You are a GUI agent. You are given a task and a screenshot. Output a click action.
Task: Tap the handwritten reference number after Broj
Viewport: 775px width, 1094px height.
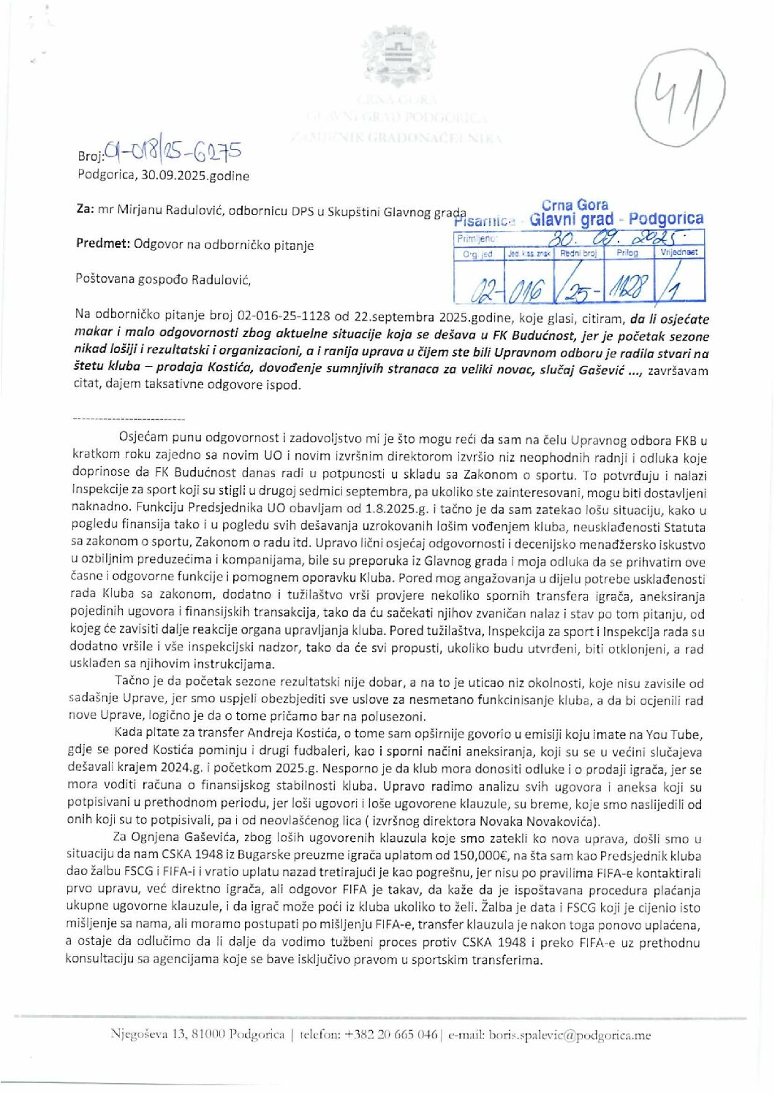pos(173,152)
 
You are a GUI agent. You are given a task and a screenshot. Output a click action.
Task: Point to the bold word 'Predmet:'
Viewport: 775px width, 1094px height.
pos(103,244)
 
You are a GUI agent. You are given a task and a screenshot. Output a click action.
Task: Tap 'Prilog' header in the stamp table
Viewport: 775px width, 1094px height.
pos(627,253)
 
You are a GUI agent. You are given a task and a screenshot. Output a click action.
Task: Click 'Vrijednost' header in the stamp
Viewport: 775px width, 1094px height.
pos(679,252)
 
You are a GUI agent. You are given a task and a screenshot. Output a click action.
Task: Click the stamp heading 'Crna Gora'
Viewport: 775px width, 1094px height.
pos(575,205)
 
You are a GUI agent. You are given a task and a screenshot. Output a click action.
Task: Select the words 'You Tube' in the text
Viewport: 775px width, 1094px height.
pos(681,734)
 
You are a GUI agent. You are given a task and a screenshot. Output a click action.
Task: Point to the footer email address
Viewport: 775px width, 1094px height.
pos(570,1035)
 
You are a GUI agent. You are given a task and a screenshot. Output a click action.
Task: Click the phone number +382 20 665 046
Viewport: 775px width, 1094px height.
pos(390,1035)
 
